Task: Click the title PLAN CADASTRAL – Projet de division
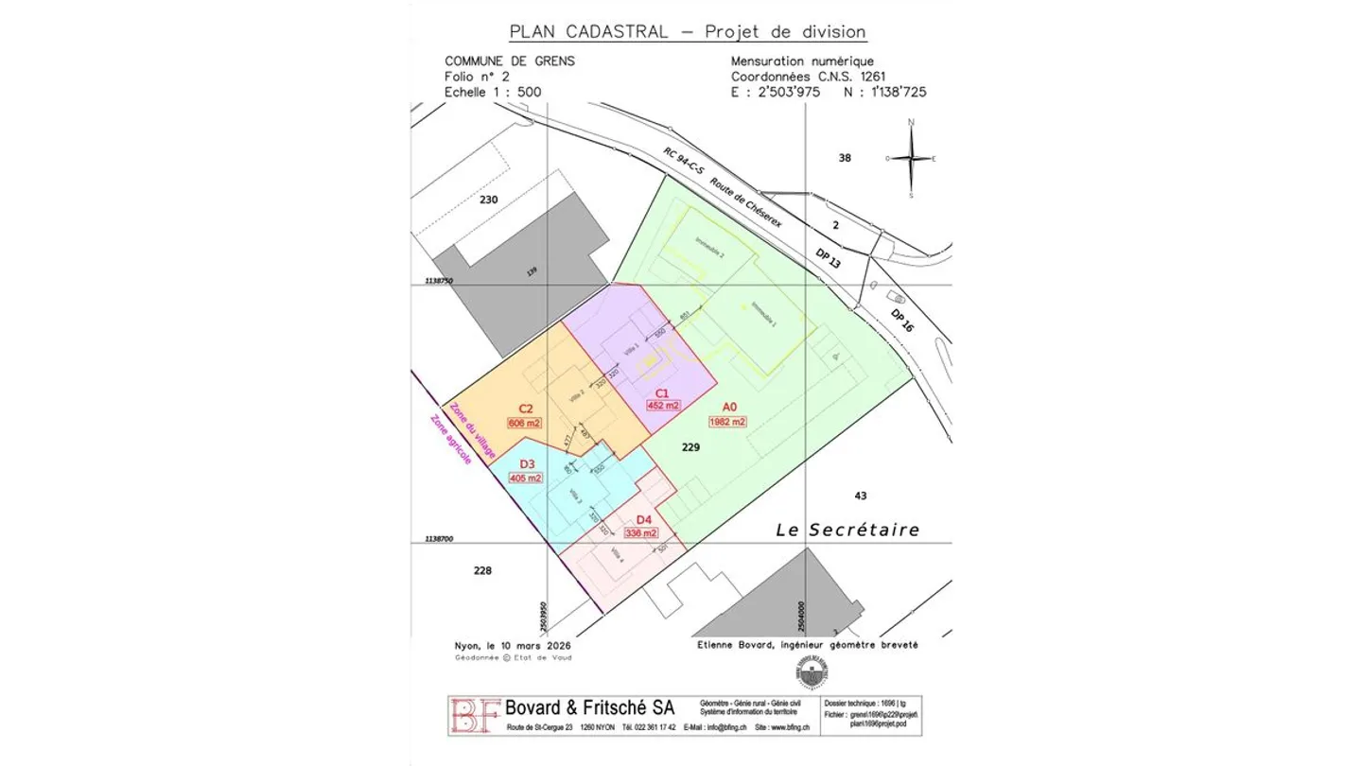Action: (688, 31)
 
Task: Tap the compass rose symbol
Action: (910, 158)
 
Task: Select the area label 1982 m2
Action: (728, 422)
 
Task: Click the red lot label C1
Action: (662, 392)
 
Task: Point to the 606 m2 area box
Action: (525, 423)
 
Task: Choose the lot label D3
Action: (527, 464)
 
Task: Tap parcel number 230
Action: (488, 200)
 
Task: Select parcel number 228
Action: (482, 570)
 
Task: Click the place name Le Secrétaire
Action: (847, 530)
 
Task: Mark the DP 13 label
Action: (828, 258)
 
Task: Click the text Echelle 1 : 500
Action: (493, 93)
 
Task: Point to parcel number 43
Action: (860, 496)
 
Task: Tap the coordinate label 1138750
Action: (439, 281)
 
